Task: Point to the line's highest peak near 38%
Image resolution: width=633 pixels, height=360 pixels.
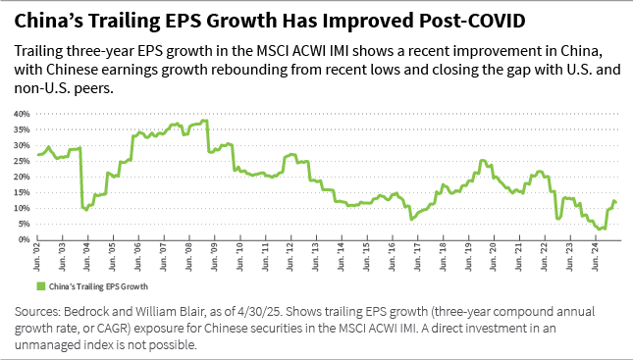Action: [205, 121]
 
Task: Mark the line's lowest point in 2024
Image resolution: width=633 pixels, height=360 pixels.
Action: [600, 229]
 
